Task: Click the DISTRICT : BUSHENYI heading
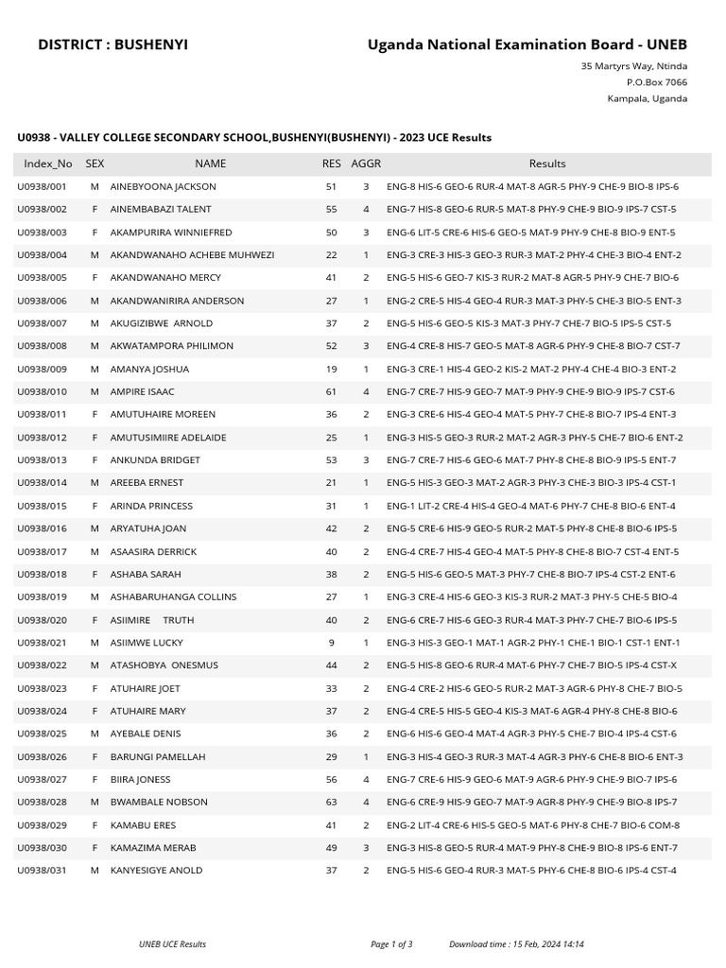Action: (x=112, y=44)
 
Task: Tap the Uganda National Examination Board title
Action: (x=527, y=44)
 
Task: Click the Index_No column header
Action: (x=48, y=164)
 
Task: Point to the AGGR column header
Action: (x=366, y=164)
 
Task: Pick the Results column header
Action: (x=547, y=164)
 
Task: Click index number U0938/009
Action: (x=43, y=369)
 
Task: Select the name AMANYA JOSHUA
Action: (x=149, y=369)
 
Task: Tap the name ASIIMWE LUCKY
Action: (x=147, y=642)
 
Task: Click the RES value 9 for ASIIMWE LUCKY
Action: (x=331, y=642)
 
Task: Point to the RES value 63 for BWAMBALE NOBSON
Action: (x=331, y=802)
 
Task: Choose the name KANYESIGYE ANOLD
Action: (x=156, y=870)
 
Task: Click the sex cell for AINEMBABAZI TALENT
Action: (x=95, y=209)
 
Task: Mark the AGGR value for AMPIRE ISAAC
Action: (x=366, y=391)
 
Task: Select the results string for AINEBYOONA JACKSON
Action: (x=532, y=186)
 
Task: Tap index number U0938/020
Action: (x=43, y=619)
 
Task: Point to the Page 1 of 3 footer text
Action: (x=391, y=943)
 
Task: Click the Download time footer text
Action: (x=516, y=943)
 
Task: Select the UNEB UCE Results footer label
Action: (x=172, y=943)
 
